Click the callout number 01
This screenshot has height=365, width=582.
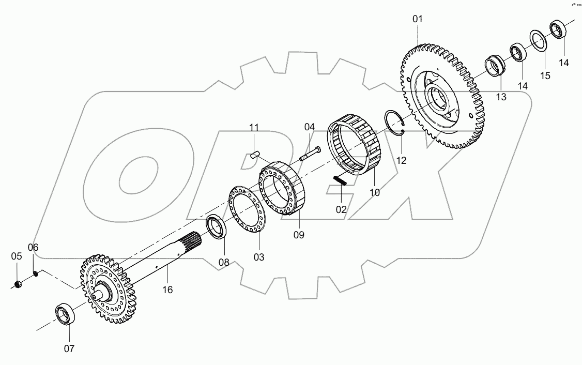click(417, 19)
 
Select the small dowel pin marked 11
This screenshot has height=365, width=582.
click(254, 154)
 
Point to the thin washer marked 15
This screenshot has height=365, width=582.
click(539, 41)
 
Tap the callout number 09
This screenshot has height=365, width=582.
click(299, 235)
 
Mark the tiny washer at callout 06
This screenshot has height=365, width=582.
click(35, 272)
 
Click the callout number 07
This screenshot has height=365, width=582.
click(69, 349)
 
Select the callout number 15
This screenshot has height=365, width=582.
click(545, 76)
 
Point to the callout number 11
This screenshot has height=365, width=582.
click(254, 128)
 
